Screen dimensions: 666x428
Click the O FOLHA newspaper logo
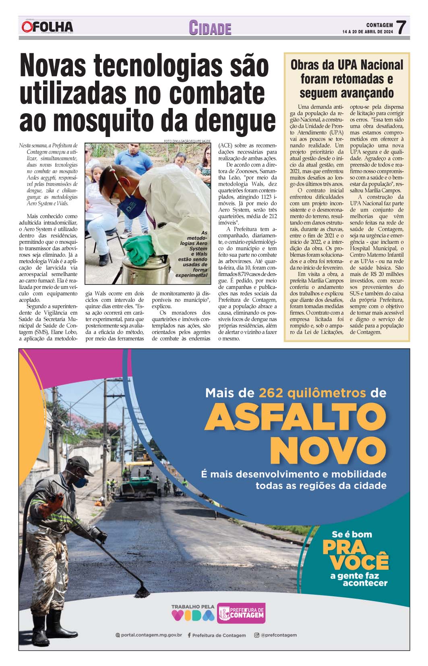[x=48, y=27]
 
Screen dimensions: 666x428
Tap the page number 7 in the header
[x=401, y=28]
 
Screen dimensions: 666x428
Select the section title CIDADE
[x=210, y=28]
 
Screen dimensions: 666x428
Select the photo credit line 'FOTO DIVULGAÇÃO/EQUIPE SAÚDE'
[x=187, y=141]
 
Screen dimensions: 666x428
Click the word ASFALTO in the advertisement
[x=295, y=417]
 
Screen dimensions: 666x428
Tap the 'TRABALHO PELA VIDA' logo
[x=193, y=612]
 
